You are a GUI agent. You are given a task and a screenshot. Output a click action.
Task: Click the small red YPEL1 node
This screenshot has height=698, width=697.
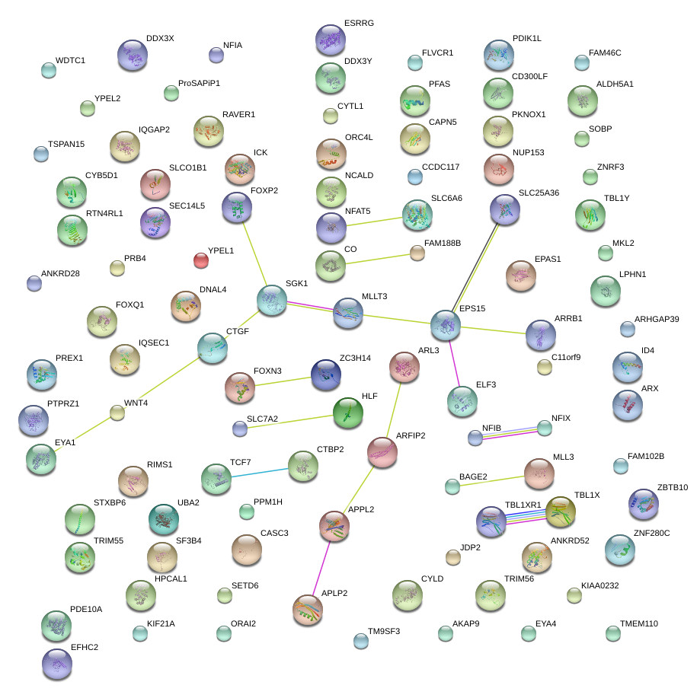pos(201,260)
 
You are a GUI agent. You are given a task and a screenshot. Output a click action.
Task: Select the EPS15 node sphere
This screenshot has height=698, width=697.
pos(446,325)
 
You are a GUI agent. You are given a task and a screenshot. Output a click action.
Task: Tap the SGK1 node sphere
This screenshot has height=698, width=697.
pos(272,301)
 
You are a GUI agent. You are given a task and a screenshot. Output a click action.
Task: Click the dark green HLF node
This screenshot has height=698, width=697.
pos(348,413)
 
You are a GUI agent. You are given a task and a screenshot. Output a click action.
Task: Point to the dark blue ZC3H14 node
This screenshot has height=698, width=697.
pos(326,374)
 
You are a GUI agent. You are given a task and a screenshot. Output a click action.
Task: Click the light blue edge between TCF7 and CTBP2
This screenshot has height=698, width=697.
pos(259,472)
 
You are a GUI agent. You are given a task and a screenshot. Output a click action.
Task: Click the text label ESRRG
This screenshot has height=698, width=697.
pos(359,24)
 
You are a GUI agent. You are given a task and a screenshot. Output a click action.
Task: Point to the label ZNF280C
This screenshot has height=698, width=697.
pos(651,533)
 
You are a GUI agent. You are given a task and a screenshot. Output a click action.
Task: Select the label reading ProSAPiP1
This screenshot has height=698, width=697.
pos(199,83)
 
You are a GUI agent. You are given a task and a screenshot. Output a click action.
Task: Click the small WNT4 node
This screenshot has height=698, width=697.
pos(117,413)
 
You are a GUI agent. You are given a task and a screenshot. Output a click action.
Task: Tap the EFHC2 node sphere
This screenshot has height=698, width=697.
pos(57,664)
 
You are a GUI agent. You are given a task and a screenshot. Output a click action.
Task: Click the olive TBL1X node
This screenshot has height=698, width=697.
pos(560,512)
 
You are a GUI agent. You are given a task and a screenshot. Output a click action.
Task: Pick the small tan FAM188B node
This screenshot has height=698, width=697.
pos(417,253)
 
